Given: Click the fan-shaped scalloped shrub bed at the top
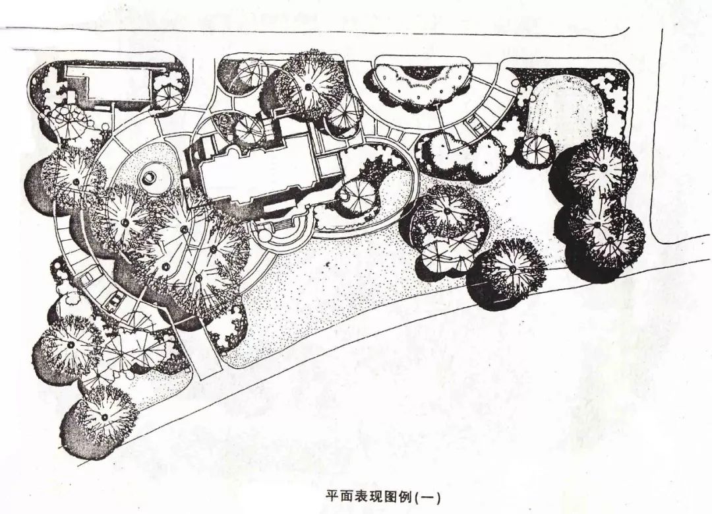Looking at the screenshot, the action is point(423,82).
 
